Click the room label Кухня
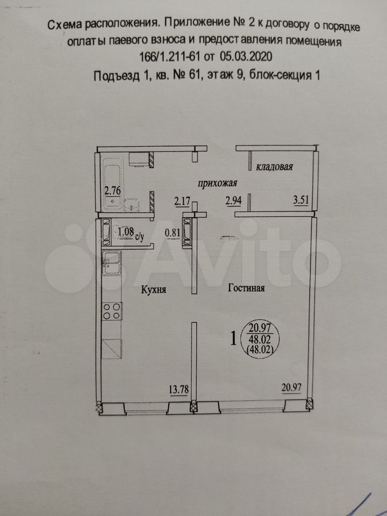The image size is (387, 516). (153, 290)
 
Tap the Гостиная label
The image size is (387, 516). (247, 288)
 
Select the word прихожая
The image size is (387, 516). (217, 183)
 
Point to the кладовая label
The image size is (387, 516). (275, 167)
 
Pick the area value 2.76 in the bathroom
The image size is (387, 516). (112, 190)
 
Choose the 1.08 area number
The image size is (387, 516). (126, 232)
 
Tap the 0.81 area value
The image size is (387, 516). (173, 233)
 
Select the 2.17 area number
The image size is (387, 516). (182, 200)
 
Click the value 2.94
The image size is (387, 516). (234, 200)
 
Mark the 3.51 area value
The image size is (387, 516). (301, 200)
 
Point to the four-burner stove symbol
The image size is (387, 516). (112, 311)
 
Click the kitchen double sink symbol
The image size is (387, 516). (112, 262)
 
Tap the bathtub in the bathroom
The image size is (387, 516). (113, 184)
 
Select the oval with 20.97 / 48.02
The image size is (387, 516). (260, 339)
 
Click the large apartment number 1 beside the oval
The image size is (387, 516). (233, 339)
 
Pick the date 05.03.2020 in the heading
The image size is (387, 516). (246, 56)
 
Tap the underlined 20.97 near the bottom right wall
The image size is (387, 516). (291, 388)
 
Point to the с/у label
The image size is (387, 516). (140, 236)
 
